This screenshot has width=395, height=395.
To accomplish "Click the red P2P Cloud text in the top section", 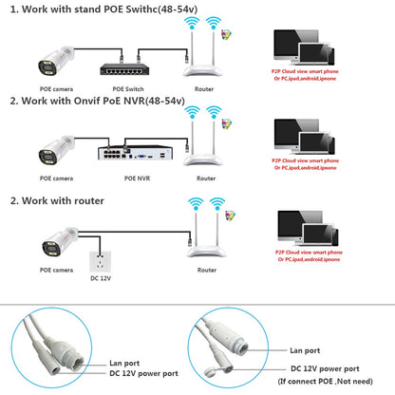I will [320, 74].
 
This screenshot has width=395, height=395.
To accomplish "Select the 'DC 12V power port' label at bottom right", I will [327, 368].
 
